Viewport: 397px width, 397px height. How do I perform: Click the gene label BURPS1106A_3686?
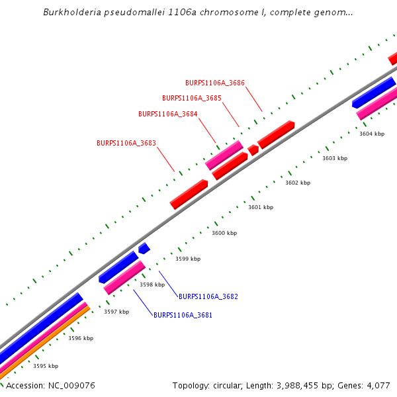tap(215, 83)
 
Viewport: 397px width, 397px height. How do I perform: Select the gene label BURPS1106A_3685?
tap(192, 98)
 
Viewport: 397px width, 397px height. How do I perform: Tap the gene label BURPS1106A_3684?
tap(168, 114)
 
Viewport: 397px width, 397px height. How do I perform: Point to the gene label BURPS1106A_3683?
tap(126, 143)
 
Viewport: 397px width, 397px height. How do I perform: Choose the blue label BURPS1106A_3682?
tap(208, 296)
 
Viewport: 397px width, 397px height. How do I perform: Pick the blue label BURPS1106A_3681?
tap(183, 316)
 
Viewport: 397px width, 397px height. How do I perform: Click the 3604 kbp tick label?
tap(372, 134)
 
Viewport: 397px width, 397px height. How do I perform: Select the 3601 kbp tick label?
tap(261, 207)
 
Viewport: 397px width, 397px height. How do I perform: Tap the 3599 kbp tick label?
tap(188, 259)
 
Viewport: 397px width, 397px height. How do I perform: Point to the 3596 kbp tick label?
tap(81, 338)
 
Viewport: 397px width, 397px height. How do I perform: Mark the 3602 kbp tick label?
tap(298, 183)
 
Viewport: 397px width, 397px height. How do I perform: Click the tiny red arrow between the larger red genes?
tap(253, 150)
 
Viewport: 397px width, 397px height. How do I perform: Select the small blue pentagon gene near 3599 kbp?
tap(144, 249)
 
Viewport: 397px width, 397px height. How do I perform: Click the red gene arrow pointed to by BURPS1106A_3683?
tap(189, 195)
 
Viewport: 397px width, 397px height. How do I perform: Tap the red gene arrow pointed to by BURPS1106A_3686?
tap(276, 134)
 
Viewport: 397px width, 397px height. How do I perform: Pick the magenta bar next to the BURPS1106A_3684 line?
tap(224, 155)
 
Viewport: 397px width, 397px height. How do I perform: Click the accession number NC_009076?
tap(71, 385)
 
